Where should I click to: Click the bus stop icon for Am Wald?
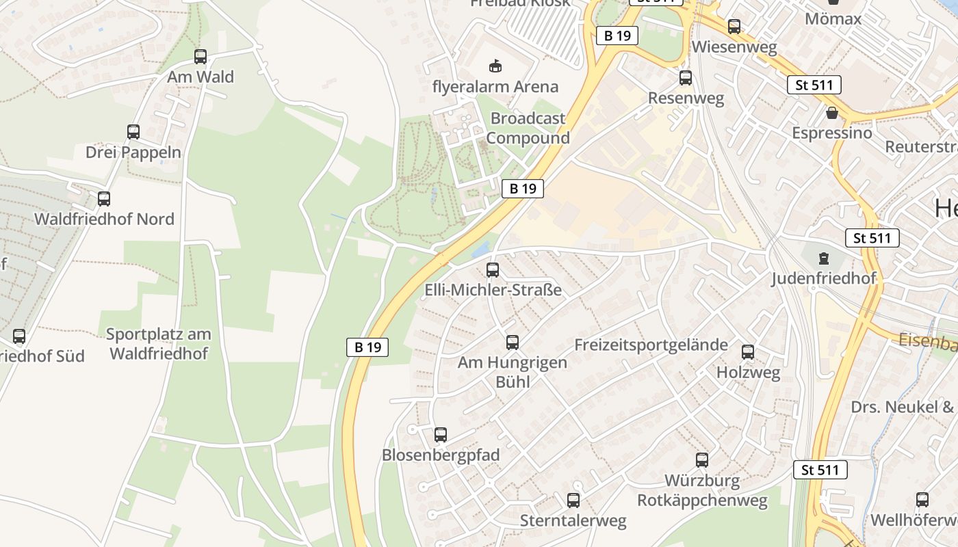[200, 57]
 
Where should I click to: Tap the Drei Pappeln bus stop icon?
[133, 132]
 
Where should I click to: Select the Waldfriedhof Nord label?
[104, 219]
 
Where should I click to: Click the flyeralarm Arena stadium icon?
[495, 66]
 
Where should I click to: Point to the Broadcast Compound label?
[528, 128]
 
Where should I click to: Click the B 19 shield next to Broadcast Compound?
[523, 189]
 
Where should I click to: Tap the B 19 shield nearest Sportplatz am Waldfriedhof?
[367, 347]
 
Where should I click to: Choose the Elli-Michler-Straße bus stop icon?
[493, 270]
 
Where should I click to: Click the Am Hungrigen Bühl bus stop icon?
[513, 343]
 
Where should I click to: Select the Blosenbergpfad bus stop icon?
[441, 435]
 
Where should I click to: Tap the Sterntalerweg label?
[573, 521]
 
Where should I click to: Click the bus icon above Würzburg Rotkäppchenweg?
[702, 460]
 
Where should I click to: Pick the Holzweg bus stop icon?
[748, 352]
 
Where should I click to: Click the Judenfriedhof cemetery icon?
[823, 259]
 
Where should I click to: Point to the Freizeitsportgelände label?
[651, 345]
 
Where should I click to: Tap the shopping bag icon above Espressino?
[832, 113]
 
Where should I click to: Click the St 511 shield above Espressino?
[814, 85]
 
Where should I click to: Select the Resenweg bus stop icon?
[686, 78]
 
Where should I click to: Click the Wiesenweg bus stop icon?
[734, 27]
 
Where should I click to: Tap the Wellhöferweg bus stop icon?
[922, 500]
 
